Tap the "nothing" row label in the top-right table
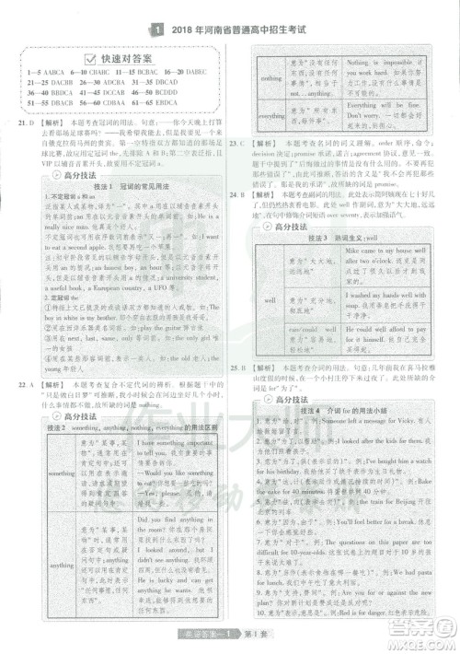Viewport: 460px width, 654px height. pos(271,78)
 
